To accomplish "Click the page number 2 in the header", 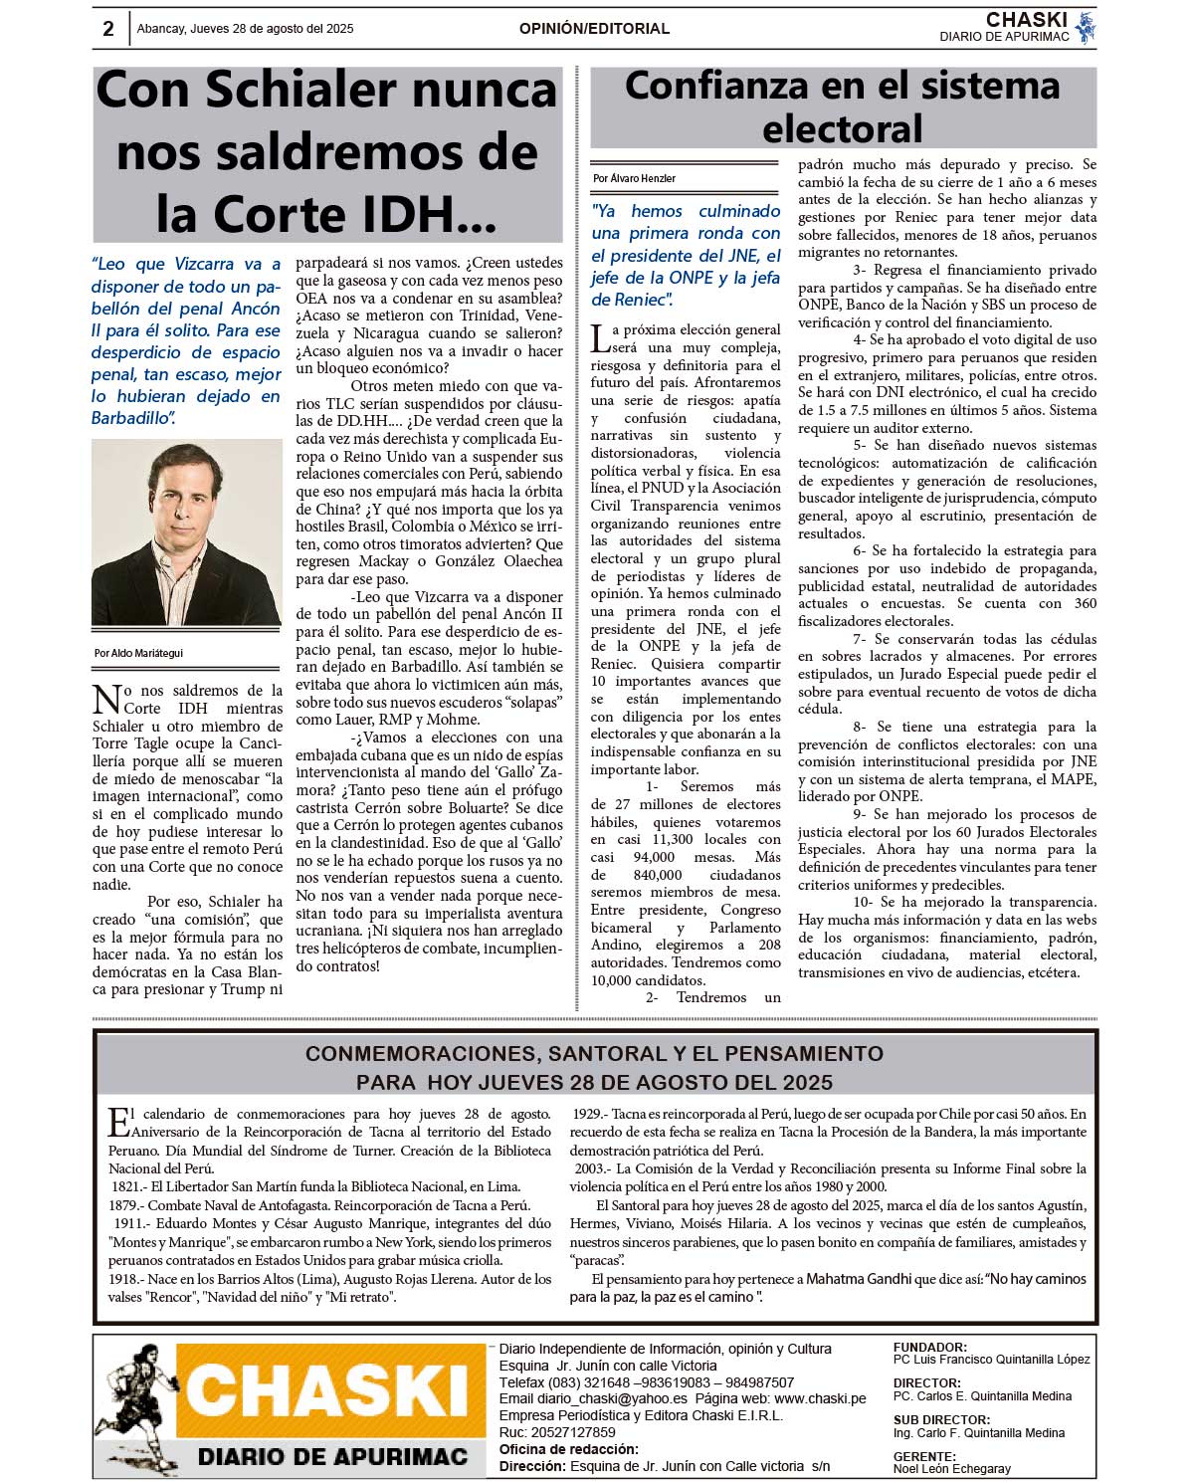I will (108, 29).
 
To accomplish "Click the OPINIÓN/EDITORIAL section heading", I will (594, 29).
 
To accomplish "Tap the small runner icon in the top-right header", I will (1086, 27).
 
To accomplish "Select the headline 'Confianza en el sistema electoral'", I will (843, 107).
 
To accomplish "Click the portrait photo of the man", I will (186, 533).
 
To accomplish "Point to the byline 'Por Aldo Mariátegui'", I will (138, 653).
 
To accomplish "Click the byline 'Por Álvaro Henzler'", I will (634, 178).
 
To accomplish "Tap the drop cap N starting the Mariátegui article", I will (106, 699).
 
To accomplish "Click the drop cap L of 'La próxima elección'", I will (600, 338).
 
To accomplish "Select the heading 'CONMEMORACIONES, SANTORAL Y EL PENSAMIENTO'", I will (594, 1053).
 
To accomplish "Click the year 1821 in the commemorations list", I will (126, 1186).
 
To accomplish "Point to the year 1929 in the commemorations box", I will (588, 1114).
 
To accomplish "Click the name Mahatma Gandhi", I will (858, 1279).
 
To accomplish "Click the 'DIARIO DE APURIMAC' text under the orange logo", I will (332, 1457).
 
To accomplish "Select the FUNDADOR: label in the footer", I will (929, 1347).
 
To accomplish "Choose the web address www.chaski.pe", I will (820, 1398).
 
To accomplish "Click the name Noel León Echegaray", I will (951, 1468).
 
